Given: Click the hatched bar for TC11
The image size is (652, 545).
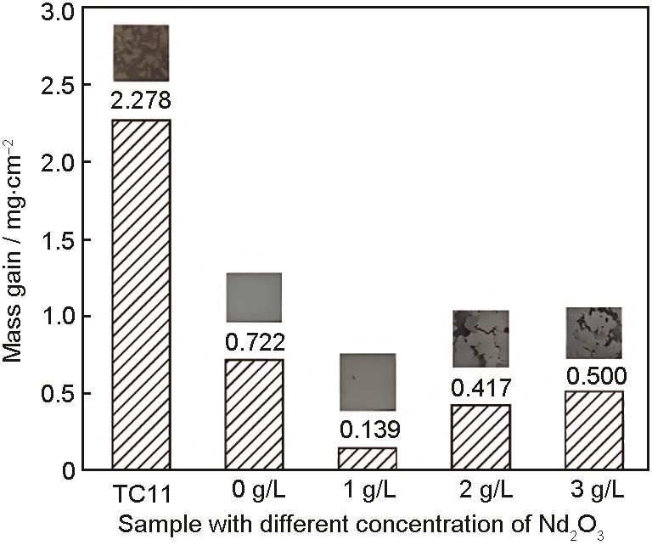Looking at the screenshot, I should (141, 294).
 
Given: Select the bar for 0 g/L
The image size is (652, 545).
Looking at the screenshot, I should (254, 414).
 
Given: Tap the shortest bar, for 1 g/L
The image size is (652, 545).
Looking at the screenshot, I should (368, 458).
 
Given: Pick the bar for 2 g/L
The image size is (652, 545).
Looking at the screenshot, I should (481, 437).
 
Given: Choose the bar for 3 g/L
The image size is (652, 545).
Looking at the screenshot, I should (593, 430).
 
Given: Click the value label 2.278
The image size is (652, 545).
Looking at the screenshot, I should (141, 103).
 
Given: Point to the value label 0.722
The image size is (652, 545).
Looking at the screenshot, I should (254, 343).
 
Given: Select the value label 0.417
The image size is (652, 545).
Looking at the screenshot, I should (481, 389).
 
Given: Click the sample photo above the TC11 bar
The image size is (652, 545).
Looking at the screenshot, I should (141, 53).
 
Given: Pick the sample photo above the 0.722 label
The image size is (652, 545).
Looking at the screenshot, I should (254, 297).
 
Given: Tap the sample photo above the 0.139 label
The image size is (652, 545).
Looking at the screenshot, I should (368, 382).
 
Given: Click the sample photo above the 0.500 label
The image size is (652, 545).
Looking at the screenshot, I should (593, 333).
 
